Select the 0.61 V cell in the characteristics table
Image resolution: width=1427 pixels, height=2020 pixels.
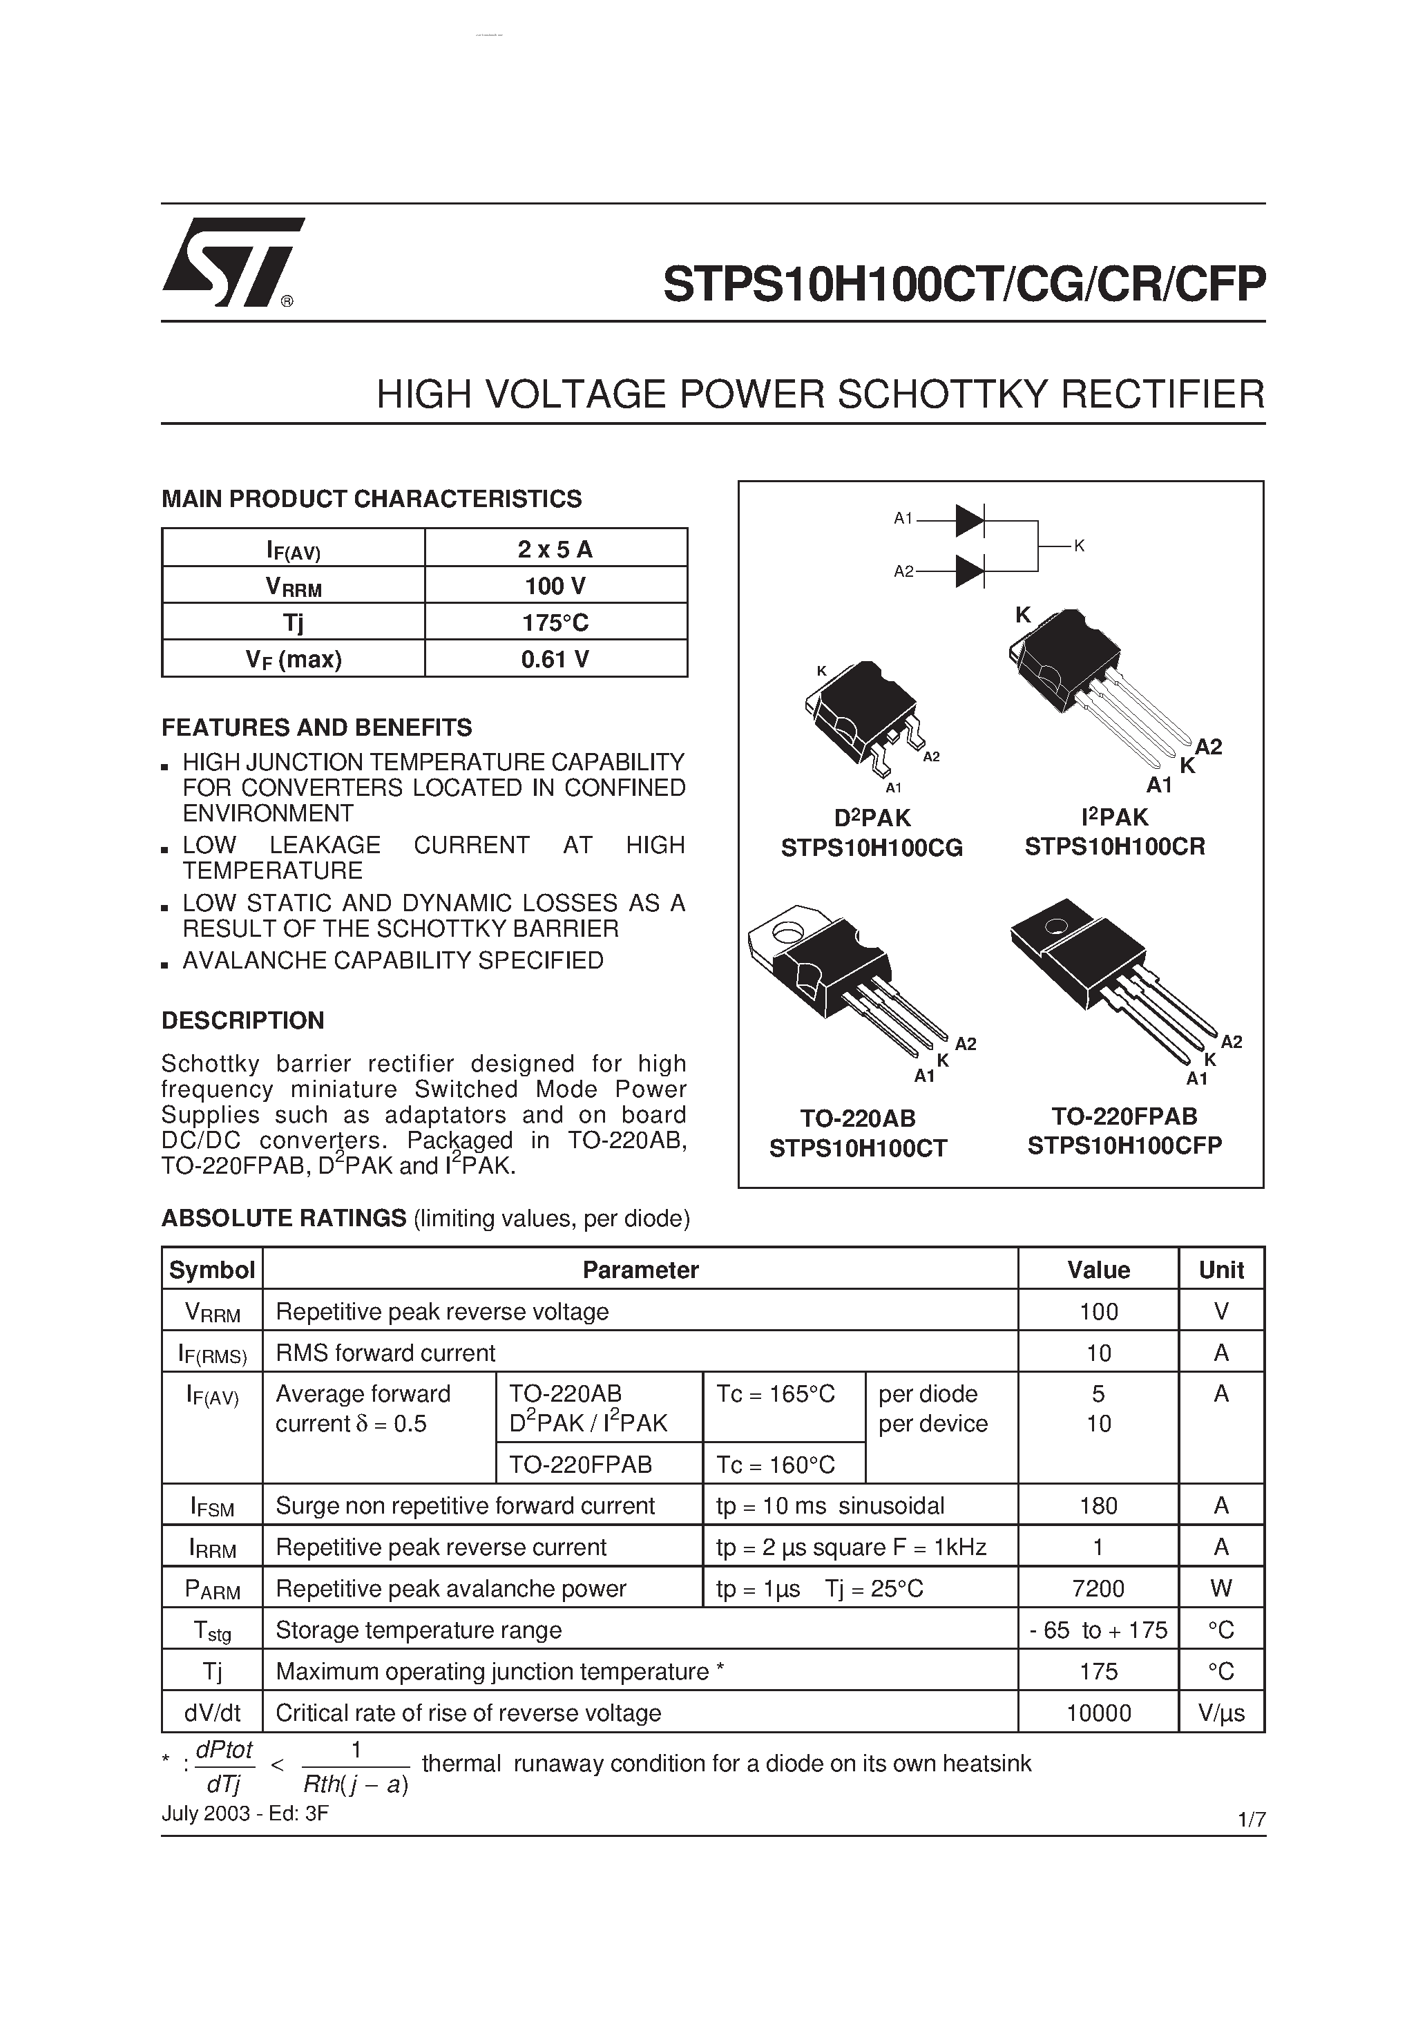point(555,659)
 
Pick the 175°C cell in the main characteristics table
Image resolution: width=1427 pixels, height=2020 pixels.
point(555,622)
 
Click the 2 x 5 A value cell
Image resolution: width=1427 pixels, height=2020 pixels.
point(555,549)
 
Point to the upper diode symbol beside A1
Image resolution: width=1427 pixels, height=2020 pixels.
point(970,520)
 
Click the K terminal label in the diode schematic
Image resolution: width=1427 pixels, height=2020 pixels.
point(1079,546)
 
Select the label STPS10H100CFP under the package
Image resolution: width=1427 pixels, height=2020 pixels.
point(1124,1145)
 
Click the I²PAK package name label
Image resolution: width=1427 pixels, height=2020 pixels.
point(1115,817)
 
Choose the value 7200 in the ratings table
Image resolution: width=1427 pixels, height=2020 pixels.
point(1098,1588)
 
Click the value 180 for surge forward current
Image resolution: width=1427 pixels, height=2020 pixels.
point(1098,1505)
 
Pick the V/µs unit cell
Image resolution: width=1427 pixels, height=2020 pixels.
point(1220,1713)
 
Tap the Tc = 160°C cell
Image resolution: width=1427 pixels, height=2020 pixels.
point(776,1465)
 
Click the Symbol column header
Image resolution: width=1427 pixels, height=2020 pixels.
point(212,1270)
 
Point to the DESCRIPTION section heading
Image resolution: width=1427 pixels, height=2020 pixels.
point(243,1020)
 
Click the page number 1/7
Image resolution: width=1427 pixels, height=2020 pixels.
point(1250,1820)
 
